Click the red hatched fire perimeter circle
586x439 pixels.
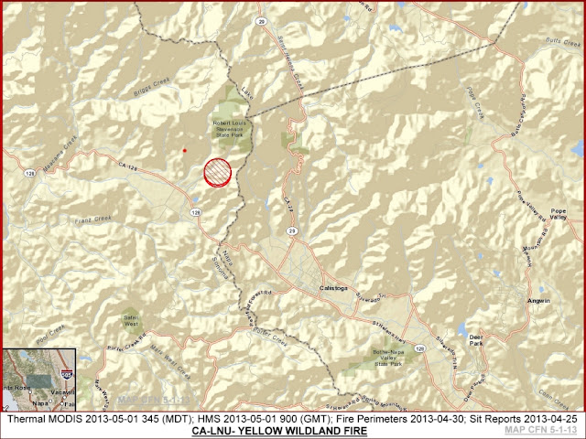point(217,172)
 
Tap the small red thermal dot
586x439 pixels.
point(184,150)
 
